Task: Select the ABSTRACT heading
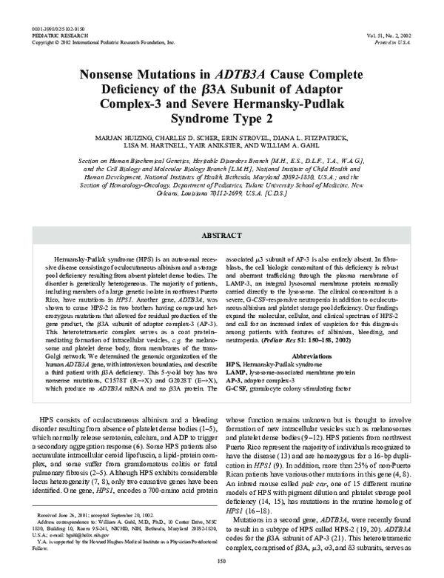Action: point(221,234)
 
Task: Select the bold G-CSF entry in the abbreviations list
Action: point(236,388)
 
